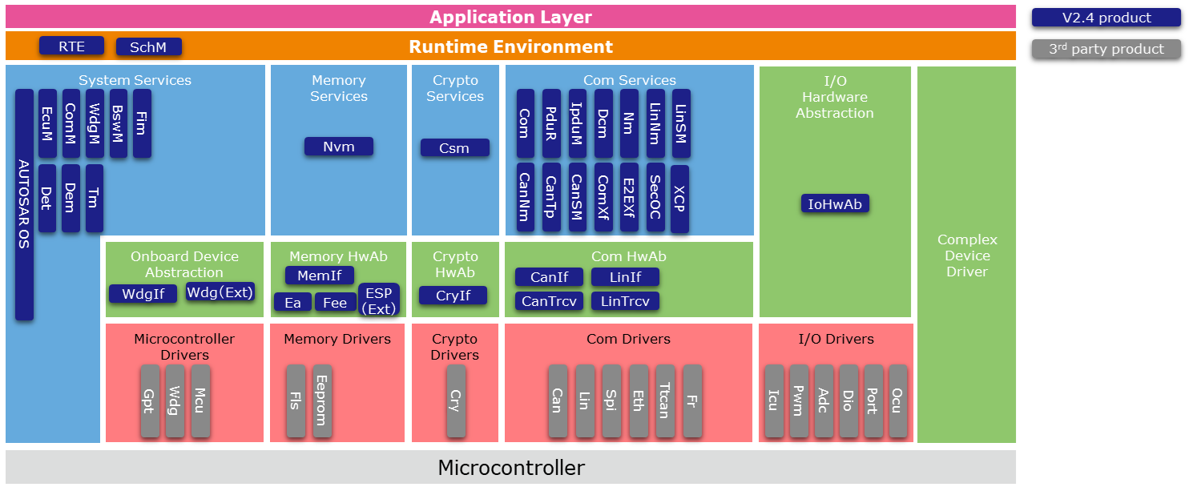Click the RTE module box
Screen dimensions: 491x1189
(x=72, y=46)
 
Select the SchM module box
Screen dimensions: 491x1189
(x=148, y=47)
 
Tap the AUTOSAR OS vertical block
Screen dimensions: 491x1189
(x=25, y=204)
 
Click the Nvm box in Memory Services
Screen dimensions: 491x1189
(x=339, y=147)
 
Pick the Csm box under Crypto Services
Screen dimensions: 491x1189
(x=454, y=148)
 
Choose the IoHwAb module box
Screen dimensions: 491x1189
(x=835, y=204)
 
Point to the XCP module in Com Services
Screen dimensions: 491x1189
(x=679, y=199)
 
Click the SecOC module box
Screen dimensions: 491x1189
(x=655, y=197)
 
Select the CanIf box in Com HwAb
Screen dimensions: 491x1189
(x=549, y=277)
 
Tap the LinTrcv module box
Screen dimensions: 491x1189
(x=625, y=301)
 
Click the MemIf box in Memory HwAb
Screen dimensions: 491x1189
(x=319, y=276)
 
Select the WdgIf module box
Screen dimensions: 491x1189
(x=143, y=294)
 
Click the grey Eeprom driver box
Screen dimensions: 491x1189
(x=321, y=400)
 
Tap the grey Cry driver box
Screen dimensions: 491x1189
(x=456, y=400)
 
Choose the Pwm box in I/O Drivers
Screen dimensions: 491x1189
(x=799, y=400)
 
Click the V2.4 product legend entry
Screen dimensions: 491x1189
(x=1106, y=18)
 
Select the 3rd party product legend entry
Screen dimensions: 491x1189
(x=1106, y=49)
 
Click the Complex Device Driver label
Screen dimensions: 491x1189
(x=967, y=256)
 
